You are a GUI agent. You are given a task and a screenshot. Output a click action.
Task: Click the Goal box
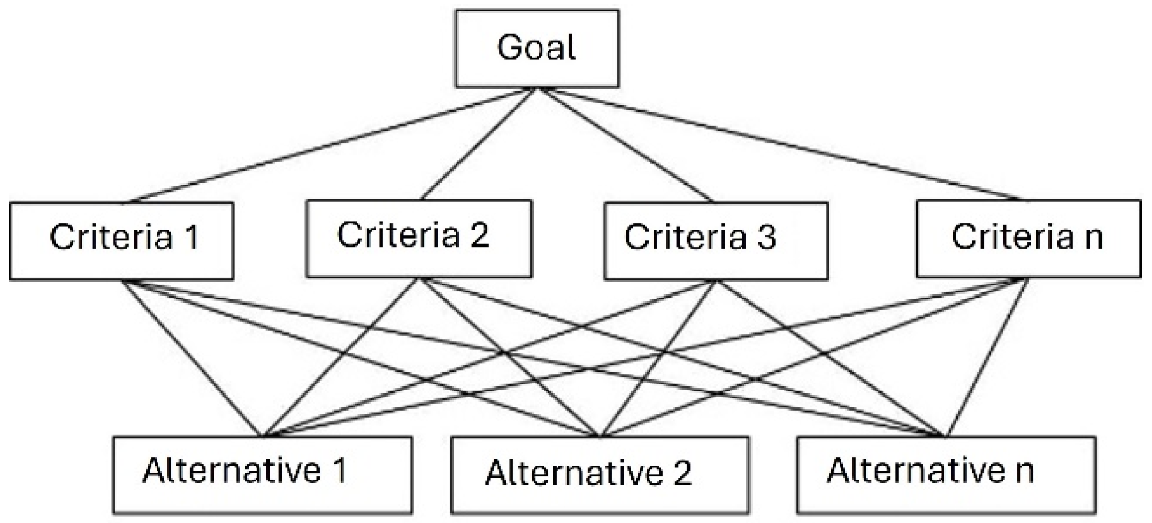(537, 48)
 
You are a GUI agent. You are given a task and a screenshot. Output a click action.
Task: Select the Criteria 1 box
(121, 241)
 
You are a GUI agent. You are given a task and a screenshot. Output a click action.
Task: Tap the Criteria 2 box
(419, 238)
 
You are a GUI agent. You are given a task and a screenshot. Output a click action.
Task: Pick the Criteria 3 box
(716, 241)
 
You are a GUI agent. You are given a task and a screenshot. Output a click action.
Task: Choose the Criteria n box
(1028, 238)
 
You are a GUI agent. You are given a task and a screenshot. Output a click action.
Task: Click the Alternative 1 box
(262, 474)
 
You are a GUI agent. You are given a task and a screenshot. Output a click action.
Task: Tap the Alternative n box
(946, 474)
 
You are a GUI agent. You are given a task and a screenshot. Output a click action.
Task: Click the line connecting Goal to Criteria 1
(332, 145)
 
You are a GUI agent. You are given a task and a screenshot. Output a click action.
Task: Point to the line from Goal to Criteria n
(783, 145)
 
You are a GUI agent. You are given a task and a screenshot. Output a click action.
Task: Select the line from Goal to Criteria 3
(626, 145)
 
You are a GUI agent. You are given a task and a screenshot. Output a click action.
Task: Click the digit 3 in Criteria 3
(767, 238)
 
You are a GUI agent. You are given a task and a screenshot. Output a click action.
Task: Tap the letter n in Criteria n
(1093, 238)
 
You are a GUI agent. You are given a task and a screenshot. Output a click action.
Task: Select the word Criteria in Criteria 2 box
(398, 235)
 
